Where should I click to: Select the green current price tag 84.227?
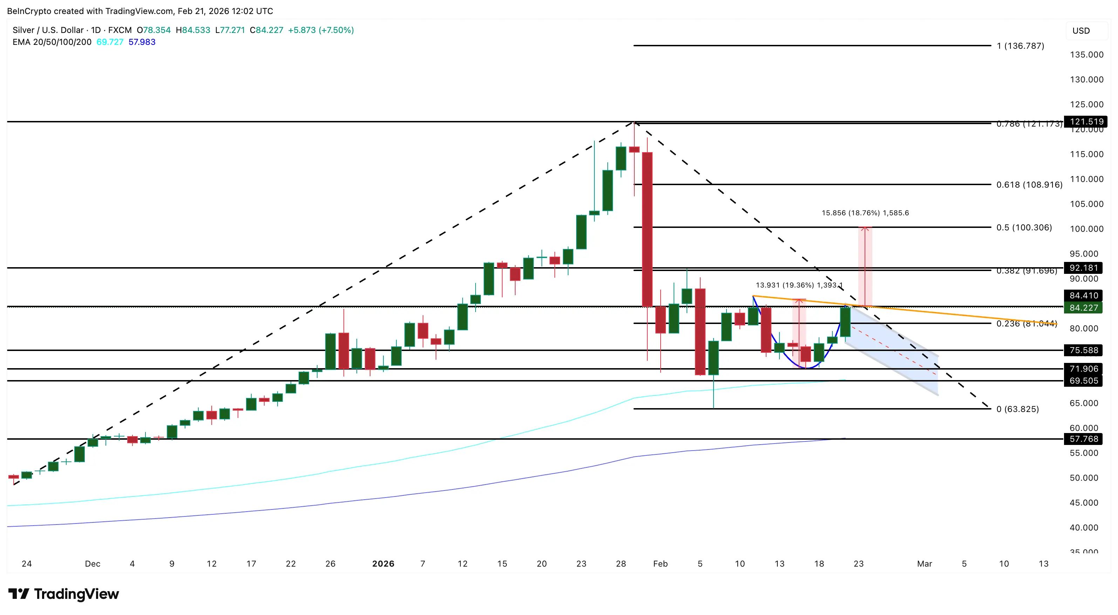pyautogui.click(x=1084, y=308)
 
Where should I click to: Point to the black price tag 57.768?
pyautogui.click(x=1084, y=439)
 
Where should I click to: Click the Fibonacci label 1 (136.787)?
pyautogui.click(x=1020, y=46)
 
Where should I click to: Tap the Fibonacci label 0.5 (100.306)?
pyautogui.click(x=1024, y=228)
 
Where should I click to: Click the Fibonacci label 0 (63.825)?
pyautogui.click(x=1017, y=409)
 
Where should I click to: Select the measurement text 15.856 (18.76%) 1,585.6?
pyautogui.click(x=865, y=213)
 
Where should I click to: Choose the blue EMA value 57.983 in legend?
pyautogui.click(x=142, y=42)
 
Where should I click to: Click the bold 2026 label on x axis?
pyautogui.click(x=383, y=564)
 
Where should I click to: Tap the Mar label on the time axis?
pyautogui.click(x=925, y=564)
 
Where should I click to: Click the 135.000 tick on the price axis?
pyautogui.click(x=1086, y=55)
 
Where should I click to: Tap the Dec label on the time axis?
pyautogui.click(x=93, y=564)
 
